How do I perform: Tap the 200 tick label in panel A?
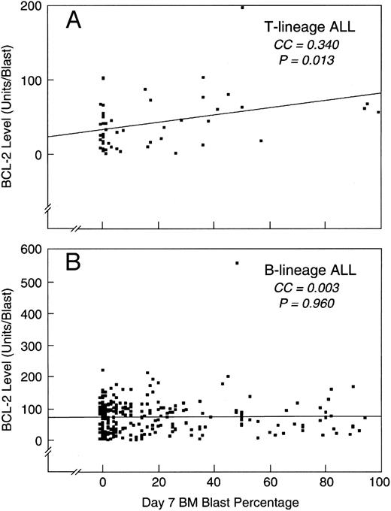point(32,7)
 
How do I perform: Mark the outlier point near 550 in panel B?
point(237,263)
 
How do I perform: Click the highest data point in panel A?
point(242,7)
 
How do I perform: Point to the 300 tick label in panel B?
point(32,346)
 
